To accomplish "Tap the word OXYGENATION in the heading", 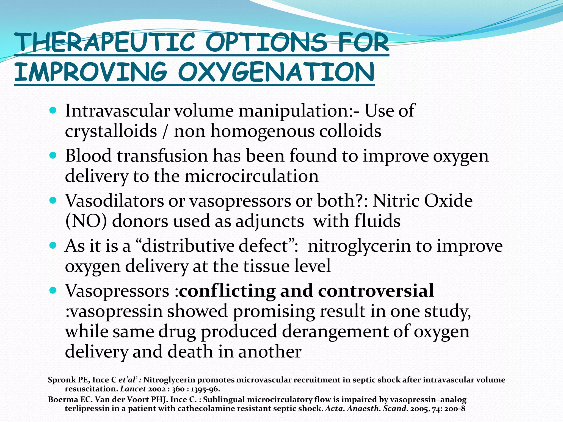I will click(x=276, y=72).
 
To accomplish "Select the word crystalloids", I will click(x=111, y=131).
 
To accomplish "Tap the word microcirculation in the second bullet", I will click(x=251, y=176).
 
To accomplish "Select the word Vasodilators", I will click(x=114, y=201).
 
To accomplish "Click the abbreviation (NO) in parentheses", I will click(x=86, y=221).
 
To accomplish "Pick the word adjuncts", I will click(x=269, y=221).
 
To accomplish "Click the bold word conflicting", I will click(x=227, y=291).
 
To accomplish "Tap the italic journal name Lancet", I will click(x=133, y=389).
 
